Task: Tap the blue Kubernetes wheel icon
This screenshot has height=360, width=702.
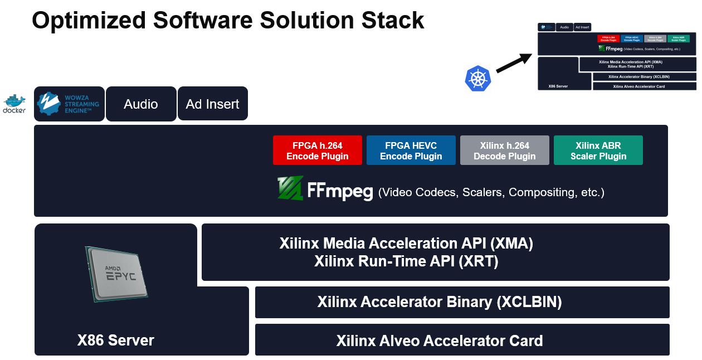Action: pyautogui.click(x=477, y=79)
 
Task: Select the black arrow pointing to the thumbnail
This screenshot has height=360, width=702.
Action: pyautogui.click(x=514, y=63)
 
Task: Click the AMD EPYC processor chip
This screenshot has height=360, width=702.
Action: pyautogui.click(x=117, y=274)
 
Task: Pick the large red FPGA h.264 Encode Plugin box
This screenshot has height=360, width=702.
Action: pyautogui.click(x=318, y=150)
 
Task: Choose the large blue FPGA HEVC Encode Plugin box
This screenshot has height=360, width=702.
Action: pyautogui.click(x=411, y=150)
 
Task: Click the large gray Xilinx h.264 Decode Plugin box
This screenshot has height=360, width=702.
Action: pyautogui.click(x=505, y=150)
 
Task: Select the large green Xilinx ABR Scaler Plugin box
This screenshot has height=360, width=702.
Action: pyautogui.click(x=598, y=150)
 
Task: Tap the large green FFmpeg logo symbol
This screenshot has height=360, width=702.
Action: pyautogui.click(x=290, y=188)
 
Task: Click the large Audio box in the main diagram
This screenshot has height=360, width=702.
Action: pyautogui.click(x=141, y=104)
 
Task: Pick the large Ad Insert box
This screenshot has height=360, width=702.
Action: pyautogui.click(x=213, y=104)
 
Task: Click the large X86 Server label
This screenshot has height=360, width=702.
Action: pyautogui.click(x=116, y=340)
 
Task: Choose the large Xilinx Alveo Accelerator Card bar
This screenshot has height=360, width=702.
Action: pyautogui.click(x=440, y=340)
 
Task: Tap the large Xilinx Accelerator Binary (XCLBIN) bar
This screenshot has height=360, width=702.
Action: pyautogui.click(x=440, y=302)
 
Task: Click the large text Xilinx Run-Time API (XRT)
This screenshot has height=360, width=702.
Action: pyautogui.click(x=406, y=261)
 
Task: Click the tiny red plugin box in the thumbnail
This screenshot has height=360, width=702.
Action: pyautogui.click(x=608, y=39)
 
